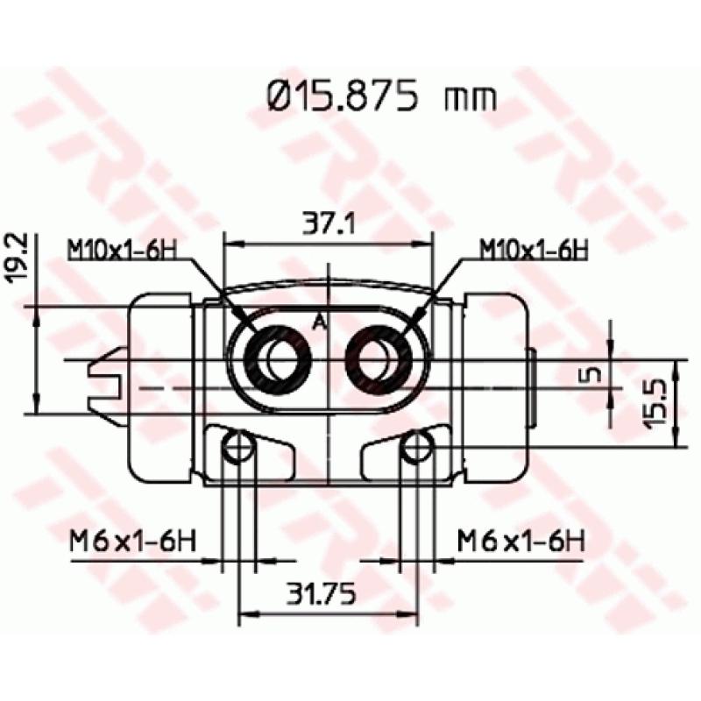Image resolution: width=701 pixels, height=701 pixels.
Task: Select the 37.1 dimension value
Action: (x=328, y=226)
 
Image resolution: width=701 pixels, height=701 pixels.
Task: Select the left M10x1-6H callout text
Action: (x=122, y=251)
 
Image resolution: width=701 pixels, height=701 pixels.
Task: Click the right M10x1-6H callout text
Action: (x=532, y=251)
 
